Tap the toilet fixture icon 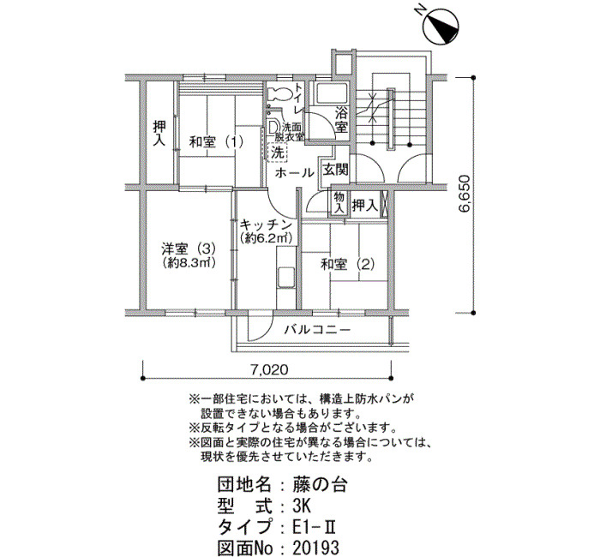click(279, 93)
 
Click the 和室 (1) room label click(216, 143)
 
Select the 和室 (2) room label click(347, 265)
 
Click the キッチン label click(266, 225)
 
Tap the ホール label click(294, 173)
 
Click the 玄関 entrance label click(336, 170)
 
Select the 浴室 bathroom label click(341, 120)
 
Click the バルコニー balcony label click(317, 329)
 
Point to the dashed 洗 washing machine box click(278, 153)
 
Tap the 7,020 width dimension click(269, 369)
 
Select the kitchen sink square click(285, 278)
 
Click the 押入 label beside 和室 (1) click(159, 133)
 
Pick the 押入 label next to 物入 click(365, 206)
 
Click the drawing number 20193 click(315, 548)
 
